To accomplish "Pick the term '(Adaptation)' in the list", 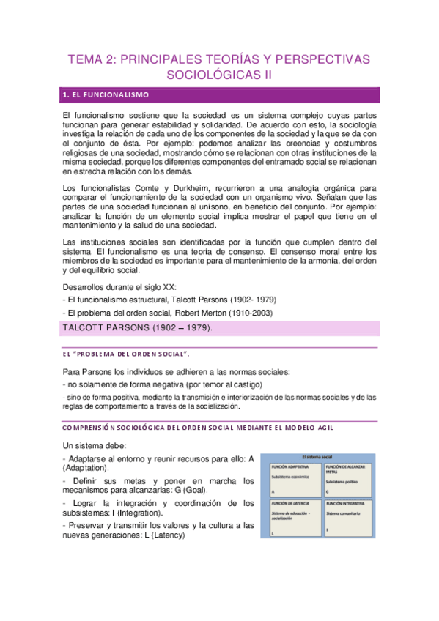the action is [x=86, y=467].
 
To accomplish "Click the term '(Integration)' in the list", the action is [x=134, y=513].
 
